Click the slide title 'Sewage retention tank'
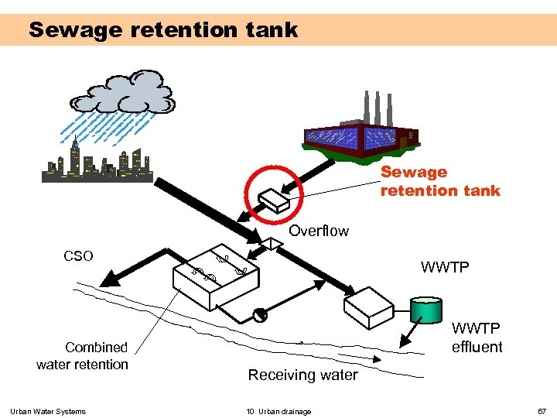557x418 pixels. click(x=163, y=30)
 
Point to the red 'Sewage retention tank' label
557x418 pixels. click(x=439, y=181)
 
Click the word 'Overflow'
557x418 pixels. click(x=319, y=231)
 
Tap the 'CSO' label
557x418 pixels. click(x=78, y=256)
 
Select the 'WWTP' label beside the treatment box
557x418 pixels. click(x=445, y=268)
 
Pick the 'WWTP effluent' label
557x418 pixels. click(x=477, y=337)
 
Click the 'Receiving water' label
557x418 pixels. click(x=302, y=375)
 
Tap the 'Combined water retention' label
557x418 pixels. click(x=83, y=356)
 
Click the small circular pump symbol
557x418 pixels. click(x=260, y=314)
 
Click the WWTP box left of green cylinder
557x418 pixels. click(x=369, y=307)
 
